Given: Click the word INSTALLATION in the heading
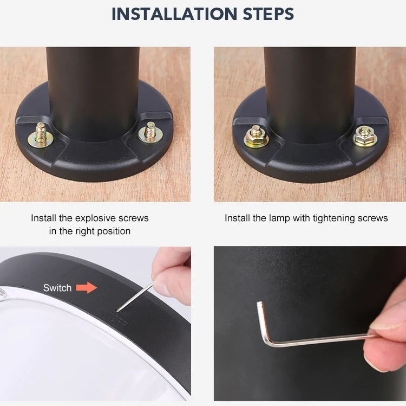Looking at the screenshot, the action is pos(174,14).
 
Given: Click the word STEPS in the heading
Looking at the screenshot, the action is pos(269,14).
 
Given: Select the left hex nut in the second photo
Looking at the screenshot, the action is pos(256,137).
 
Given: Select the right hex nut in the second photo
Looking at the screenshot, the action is pos(365,136).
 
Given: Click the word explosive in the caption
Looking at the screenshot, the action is pos(95,218).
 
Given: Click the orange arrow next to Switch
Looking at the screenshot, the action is pos(86,287).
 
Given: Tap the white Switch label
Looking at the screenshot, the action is pos(57,288).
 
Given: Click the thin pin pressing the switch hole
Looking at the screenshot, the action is pos(135,297).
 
